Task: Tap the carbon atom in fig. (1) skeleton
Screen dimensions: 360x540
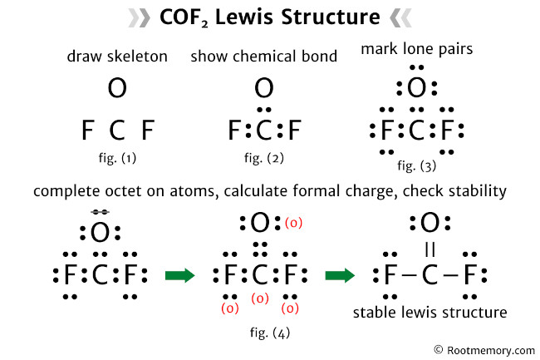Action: pyautogui.click(x=117, y=131)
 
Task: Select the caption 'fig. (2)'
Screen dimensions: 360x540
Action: pyautogui.click(x=263, y=155)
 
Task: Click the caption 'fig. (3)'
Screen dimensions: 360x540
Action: pyautogui.click(x=415, y=165)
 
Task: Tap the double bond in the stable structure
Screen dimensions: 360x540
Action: pyautogui.click(x=430, y=249)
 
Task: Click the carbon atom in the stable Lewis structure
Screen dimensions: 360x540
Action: pyautogui.click(x=430, y=275)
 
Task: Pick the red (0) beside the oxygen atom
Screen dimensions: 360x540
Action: pyautogui.click(x=293, y=223)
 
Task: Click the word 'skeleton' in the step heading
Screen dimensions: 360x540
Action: pyautogui.click(x=142, y=57)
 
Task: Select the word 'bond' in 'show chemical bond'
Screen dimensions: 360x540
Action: pyautogui.click(x=321, y=57)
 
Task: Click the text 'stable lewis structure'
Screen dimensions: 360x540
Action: pyautogui.click(x=430, y=313)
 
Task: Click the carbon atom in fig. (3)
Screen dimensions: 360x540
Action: pyautogui.click(x=415, y=131)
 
